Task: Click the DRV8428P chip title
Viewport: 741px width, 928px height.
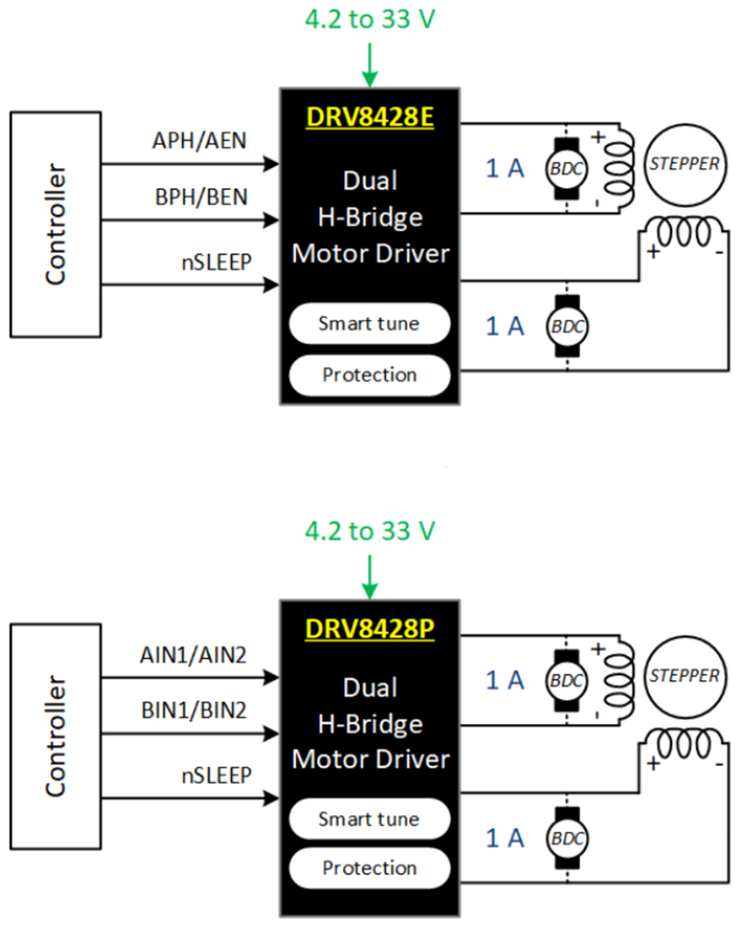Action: click(369, 629)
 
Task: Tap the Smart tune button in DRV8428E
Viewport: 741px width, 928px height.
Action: click(368, 323)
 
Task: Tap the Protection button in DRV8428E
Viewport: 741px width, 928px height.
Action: click(368, 375)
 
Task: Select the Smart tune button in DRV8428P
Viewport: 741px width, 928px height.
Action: click(368, 818)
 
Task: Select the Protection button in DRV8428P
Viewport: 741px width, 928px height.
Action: click(368, 867)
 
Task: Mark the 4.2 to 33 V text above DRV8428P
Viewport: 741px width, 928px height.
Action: click(369, 531)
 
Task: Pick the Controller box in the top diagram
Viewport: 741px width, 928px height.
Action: click(55, 224)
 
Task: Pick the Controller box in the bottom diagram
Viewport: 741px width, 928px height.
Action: click(55, 736)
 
